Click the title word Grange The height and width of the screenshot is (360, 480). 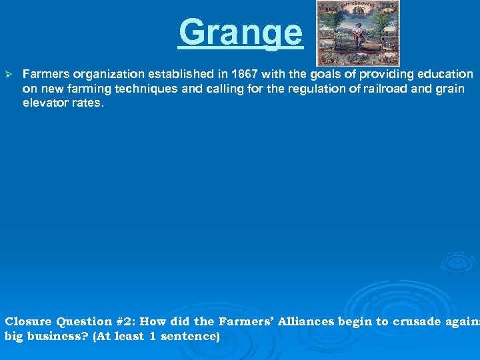(240, 33)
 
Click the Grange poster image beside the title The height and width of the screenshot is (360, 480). (357, 33)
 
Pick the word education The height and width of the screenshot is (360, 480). (446, 75)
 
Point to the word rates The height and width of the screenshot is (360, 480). (88, 103)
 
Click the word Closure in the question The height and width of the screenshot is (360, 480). (29, 322)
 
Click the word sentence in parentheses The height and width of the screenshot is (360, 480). (189, 337)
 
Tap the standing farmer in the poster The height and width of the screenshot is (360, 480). (358, 37)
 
